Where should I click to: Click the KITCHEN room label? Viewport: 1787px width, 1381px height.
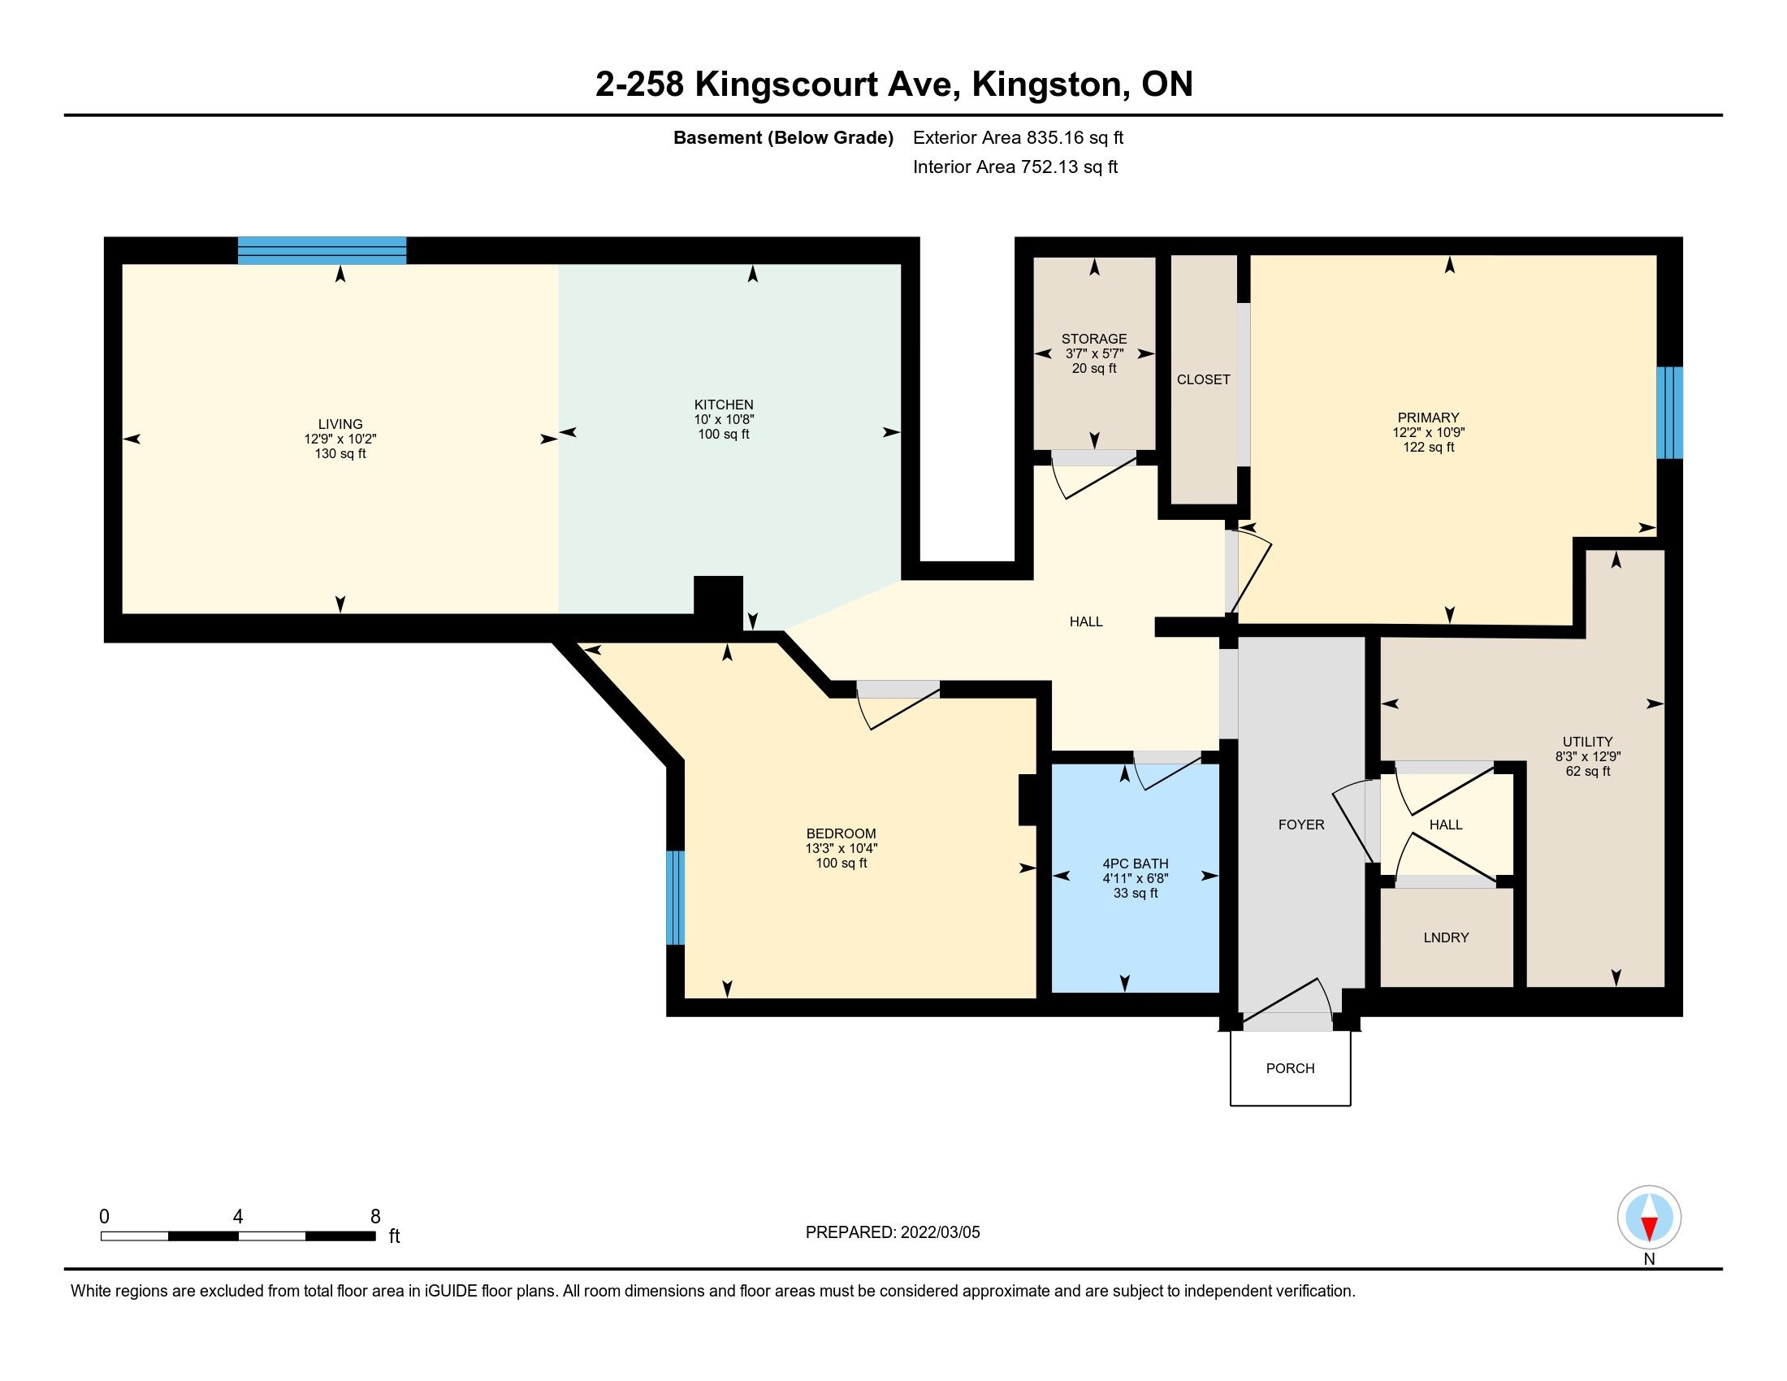pyautogui.click(x=723, y=405)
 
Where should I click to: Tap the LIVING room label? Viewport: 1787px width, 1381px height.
pyautogui.click(x=340, y=425)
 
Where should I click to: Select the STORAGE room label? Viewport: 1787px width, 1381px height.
pyautogui.click(x=1094, y=339)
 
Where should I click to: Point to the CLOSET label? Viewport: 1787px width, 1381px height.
pyautogui.click(x=1204, y=379)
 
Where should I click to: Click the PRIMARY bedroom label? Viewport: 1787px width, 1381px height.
pyautogui.click(x=1429, y=418)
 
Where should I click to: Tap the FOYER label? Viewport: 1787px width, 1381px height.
pyautogui.click(x=1301, y=825)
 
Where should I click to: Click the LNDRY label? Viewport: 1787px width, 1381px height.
pyautogui.click(x=1446, y=937)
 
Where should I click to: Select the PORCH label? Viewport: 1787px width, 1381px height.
pyautogui.click(x=1291, y=1068)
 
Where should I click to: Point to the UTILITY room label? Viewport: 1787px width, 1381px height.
pyautogui.click(x=1588, y=742)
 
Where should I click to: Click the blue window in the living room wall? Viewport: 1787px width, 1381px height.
pyautogui.click(x=322, y=250)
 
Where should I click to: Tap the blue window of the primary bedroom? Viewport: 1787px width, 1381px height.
pyautogui.click(x=1670, y=413)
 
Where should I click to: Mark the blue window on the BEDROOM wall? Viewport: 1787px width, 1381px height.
pyautogui.click(x=675, y=898)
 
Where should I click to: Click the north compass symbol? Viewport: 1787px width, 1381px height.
pyautogui.click(x=1650, y=1218)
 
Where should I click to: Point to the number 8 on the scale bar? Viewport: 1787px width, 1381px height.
pyautogui.click(x=375, y=1217)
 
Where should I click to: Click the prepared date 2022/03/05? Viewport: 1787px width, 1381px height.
pyautogui.click(x=940, y=1233)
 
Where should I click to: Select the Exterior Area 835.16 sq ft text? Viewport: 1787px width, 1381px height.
pyautogui.click(x=1018, y=138)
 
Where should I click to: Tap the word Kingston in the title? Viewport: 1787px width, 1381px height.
pyautogui.click(x=1046, y=84)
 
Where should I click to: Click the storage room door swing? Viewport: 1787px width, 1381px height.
pyautogui.click(x=1094, y=474)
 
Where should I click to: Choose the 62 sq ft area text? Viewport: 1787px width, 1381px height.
pyautogui.click(x=1588, y=772)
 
